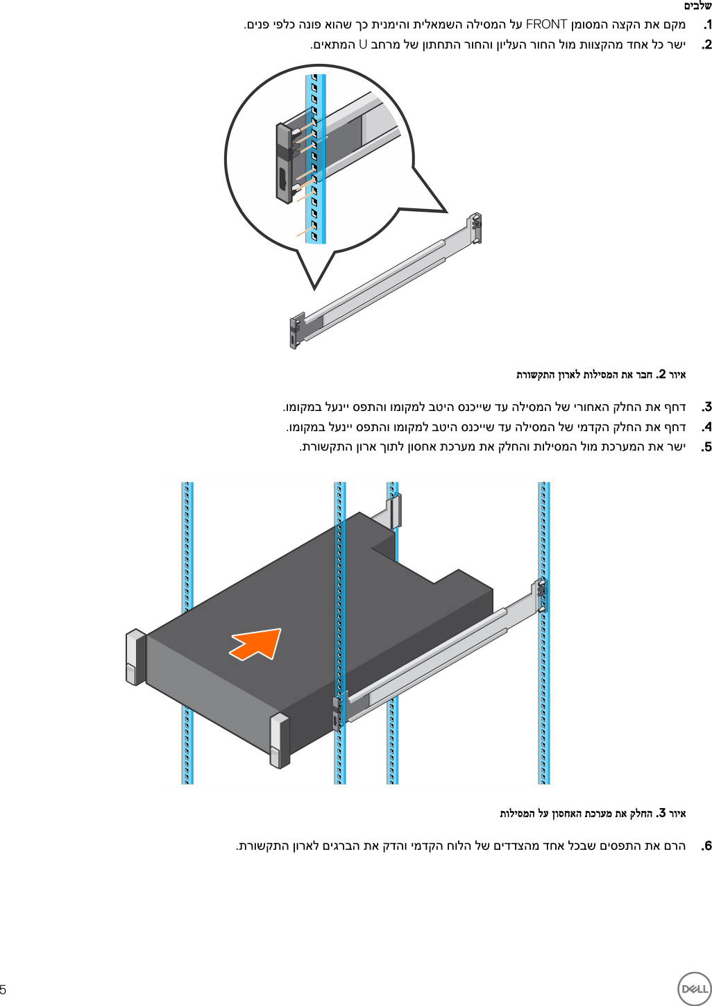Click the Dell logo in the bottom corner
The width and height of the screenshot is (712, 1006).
693,989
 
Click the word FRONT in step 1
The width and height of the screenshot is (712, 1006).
546,25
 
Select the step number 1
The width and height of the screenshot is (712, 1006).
706,25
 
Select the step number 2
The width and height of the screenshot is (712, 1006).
706,45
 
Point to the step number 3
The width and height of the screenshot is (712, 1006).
706,407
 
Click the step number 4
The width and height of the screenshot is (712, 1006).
706,427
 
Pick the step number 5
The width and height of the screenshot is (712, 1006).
706,447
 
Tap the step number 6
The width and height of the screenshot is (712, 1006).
706,846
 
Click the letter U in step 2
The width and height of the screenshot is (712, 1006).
362,45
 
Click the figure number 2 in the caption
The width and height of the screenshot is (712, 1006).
662,374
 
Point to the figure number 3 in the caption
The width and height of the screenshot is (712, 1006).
662,813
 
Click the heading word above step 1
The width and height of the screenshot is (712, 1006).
697,6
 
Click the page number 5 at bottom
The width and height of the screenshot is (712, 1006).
3,989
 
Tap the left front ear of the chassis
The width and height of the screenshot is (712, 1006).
135,657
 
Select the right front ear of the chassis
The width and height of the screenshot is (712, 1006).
279,740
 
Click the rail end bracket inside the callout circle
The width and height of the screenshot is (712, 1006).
285,164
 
